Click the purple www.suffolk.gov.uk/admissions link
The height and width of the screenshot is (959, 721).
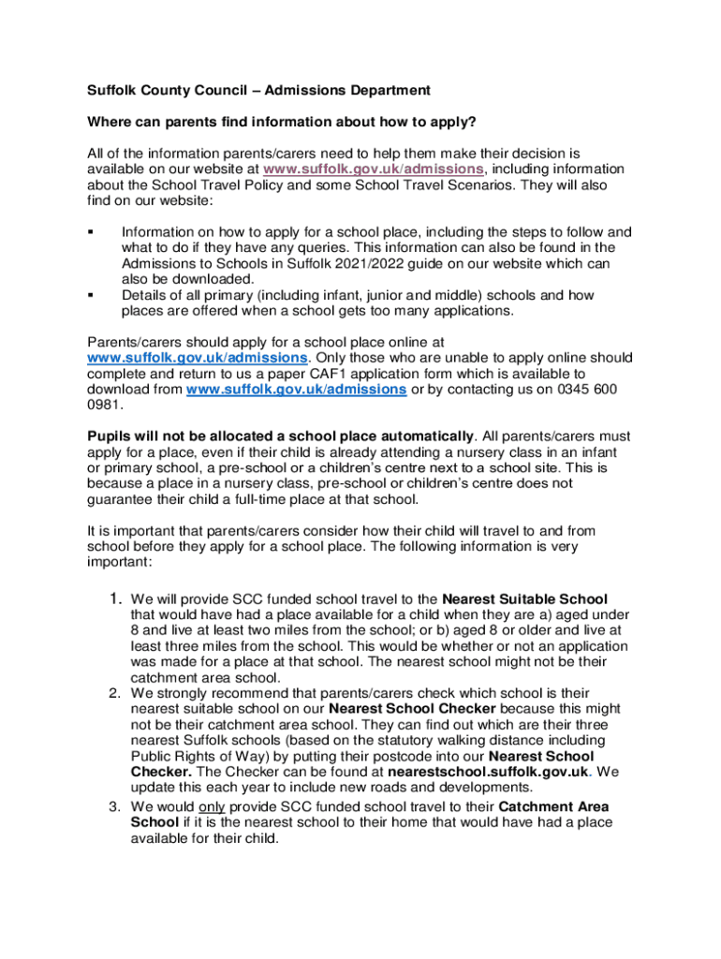click(374, 169)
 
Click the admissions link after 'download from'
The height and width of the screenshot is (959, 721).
click(296, 390)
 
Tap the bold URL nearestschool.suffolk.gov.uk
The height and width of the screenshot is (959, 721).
click(488, 771)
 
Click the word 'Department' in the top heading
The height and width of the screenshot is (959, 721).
click(379, 91)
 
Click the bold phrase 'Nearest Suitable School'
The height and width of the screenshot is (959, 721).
click(524, 598)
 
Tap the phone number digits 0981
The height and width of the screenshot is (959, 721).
click(102, 406)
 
